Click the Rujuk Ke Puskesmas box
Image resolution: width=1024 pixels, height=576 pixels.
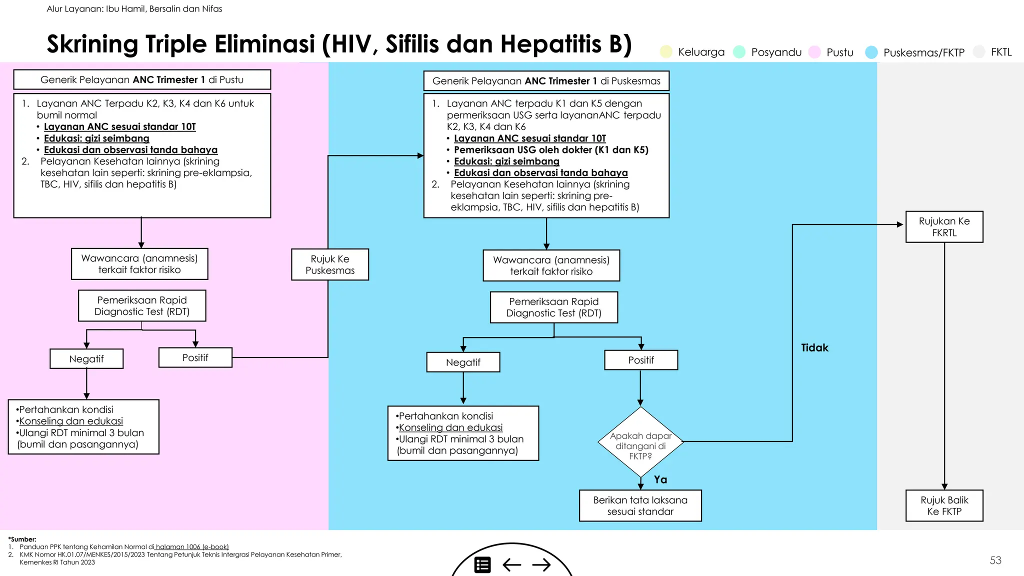[x=330, y=264]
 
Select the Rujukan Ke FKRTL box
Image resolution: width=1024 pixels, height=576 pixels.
[x=944, y=227]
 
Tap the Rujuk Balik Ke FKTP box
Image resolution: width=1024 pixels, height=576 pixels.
[x=944, y=505]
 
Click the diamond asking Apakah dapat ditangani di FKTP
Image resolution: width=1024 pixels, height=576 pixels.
[x=640, y=442]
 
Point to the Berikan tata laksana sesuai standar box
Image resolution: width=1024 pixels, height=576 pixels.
[x=640, y=505]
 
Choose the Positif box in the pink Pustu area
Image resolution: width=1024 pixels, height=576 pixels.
[x=195, y=357]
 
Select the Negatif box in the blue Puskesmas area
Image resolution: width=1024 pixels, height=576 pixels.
[x=463, y=362]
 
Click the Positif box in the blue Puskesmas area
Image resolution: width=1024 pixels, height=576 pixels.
[x=641, y=360]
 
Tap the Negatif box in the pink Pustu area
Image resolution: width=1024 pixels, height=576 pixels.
[x=86, y=358]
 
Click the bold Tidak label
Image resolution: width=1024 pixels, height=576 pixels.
[x=814, y=347]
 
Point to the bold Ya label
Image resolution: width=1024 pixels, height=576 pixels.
[x=660, y=479]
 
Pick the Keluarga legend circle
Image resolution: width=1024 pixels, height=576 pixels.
[x=666, y=51]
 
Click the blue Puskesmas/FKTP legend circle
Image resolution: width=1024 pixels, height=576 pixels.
[x=871, y=52]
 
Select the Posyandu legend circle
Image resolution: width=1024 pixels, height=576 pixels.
[x=739, y=51]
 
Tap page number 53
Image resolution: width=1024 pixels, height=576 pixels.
[x=995, y=560]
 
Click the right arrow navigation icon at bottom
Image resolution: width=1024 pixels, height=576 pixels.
[x=541, y=565]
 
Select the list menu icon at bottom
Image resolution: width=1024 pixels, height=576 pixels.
[x=482, y=565]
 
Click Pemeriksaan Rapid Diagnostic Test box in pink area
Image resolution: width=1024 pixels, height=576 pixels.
[x=142, y=305]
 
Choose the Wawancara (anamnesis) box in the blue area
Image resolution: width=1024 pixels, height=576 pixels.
[x=551, y=265]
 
